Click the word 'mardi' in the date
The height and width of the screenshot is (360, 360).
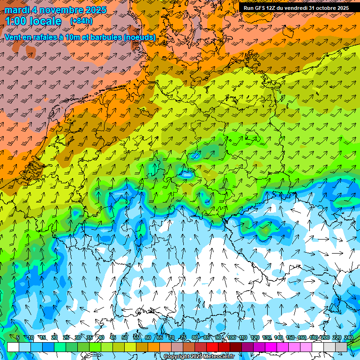(x=16, y=10)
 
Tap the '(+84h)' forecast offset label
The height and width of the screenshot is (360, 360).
(x=81, y=21)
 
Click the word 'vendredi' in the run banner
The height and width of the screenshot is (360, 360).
(x=294, y=8)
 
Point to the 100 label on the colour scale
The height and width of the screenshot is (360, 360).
(x=232, y=338)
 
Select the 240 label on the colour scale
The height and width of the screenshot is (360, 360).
(x=349, y=338)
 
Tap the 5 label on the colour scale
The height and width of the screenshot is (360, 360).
(x=18, y=338)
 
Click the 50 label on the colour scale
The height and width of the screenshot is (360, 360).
(x=125, y=338)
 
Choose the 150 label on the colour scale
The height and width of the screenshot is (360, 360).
(x=290, y=338)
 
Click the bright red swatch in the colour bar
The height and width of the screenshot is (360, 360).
(x=212, y=347)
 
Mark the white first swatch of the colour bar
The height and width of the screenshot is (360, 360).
(x=13, y=347)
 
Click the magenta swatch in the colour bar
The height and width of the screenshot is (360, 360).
(x=271, y=347)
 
